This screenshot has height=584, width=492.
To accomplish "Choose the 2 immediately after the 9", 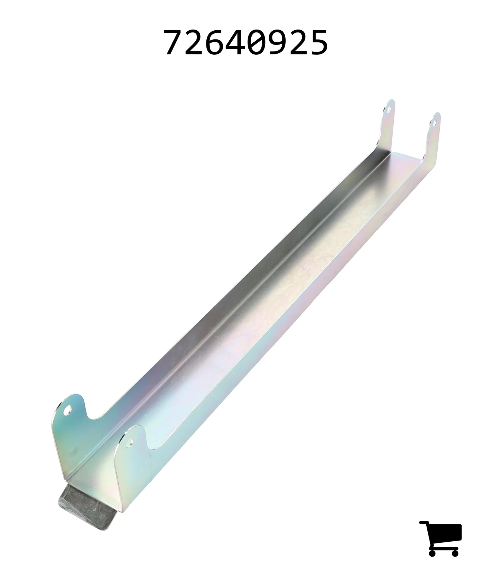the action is (297, 43).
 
